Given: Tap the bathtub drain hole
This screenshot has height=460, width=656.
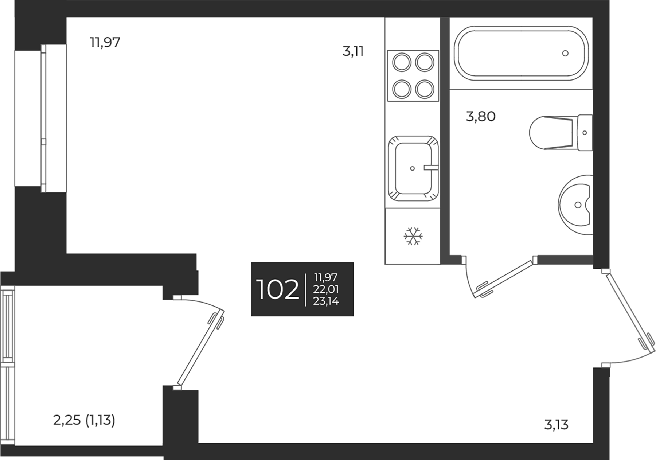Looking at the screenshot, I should click(565, 53).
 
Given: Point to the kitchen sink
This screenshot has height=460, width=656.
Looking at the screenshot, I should click(413, 168).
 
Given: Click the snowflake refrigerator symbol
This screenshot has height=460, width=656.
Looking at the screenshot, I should click(413, 236).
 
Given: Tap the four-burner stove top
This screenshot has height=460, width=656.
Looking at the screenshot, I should click(413, 75).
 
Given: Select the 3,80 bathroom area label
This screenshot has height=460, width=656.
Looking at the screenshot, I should click(481, 117).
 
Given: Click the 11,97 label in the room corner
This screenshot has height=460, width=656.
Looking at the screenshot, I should click(105, 43).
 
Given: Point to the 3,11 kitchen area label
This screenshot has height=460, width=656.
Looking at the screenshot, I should click(353, 52).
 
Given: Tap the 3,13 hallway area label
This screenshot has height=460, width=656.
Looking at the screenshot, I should click(556, 425).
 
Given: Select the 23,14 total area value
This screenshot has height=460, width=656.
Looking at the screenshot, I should click(326, 301).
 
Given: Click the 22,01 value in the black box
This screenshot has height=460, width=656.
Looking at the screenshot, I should click(326, 290).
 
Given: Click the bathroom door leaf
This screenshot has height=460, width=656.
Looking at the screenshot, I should click(505, 277).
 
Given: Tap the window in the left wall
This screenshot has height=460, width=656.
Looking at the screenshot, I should click(43, 118).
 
